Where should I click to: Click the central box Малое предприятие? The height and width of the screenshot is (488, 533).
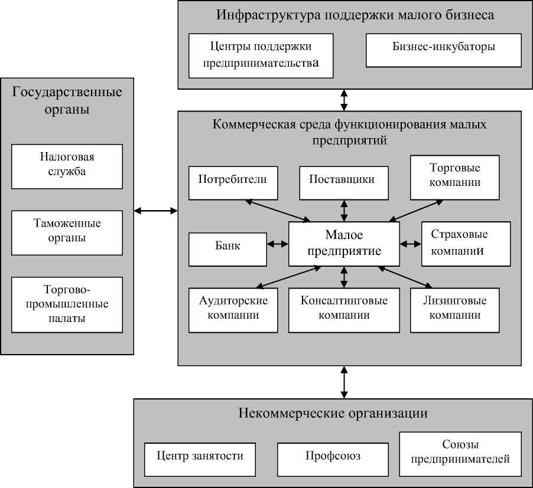(x=344, y=243)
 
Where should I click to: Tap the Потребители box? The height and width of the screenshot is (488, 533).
(x=233, y=182)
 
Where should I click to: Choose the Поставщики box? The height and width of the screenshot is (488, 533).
(x=344, y=182)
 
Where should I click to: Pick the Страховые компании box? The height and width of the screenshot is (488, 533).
(x=466, y=243)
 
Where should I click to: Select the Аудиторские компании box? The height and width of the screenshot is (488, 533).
(x=233, y=309)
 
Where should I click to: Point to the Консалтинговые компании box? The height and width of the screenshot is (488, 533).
(x=344, y=309)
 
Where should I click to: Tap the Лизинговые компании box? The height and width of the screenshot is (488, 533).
(x=454, y=309)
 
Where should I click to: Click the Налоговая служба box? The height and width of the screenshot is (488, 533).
(x=67, y=166)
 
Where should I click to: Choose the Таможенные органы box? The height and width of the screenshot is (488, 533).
(x=67, y=232)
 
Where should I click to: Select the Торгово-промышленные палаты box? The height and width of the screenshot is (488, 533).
(x=67, y=305)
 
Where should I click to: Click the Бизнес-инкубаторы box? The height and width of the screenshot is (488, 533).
(x=444, y=50)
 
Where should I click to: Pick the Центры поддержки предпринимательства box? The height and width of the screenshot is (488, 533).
(x=261, y=55)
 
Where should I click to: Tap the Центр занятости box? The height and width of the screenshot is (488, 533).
(x=200, y=460)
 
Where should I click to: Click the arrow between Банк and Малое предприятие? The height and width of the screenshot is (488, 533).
(x=277, y=244)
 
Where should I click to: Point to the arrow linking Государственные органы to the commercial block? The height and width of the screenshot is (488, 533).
(x=156, y=210)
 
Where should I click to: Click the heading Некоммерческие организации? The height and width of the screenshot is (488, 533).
(x=333, y=413)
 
